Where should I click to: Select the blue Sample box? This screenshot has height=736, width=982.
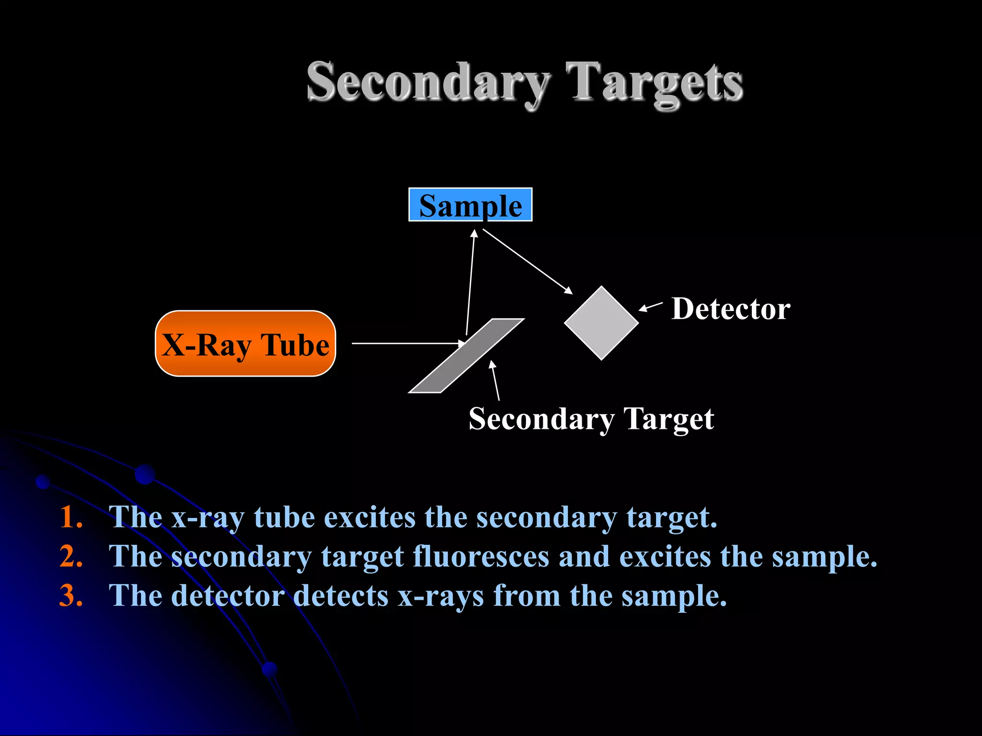[470, 205]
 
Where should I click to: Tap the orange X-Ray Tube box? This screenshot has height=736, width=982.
[245, 344]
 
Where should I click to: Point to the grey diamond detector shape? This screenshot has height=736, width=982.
[601, 323]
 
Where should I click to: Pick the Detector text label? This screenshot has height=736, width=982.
[730, 309]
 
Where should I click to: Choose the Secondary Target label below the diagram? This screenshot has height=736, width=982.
[591, 419]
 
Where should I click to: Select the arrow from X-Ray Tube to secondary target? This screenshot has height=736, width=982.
[408, 343]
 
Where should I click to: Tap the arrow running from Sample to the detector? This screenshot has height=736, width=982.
[527, 261]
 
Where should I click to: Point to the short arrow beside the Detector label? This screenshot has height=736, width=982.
[651, 307]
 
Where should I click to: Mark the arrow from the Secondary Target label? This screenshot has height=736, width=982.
[495, 381]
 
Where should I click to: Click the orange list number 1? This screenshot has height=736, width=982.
[71, 517]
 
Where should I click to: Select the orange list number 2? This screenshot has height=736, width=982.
[71, 557]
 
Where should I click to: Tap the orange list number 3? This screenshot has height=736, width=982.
[71, 596]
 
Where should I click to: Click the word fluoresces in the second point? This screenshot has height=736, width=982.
[481, 557]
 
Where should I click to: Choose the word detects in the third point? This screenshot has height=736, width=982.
[340, 596]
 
